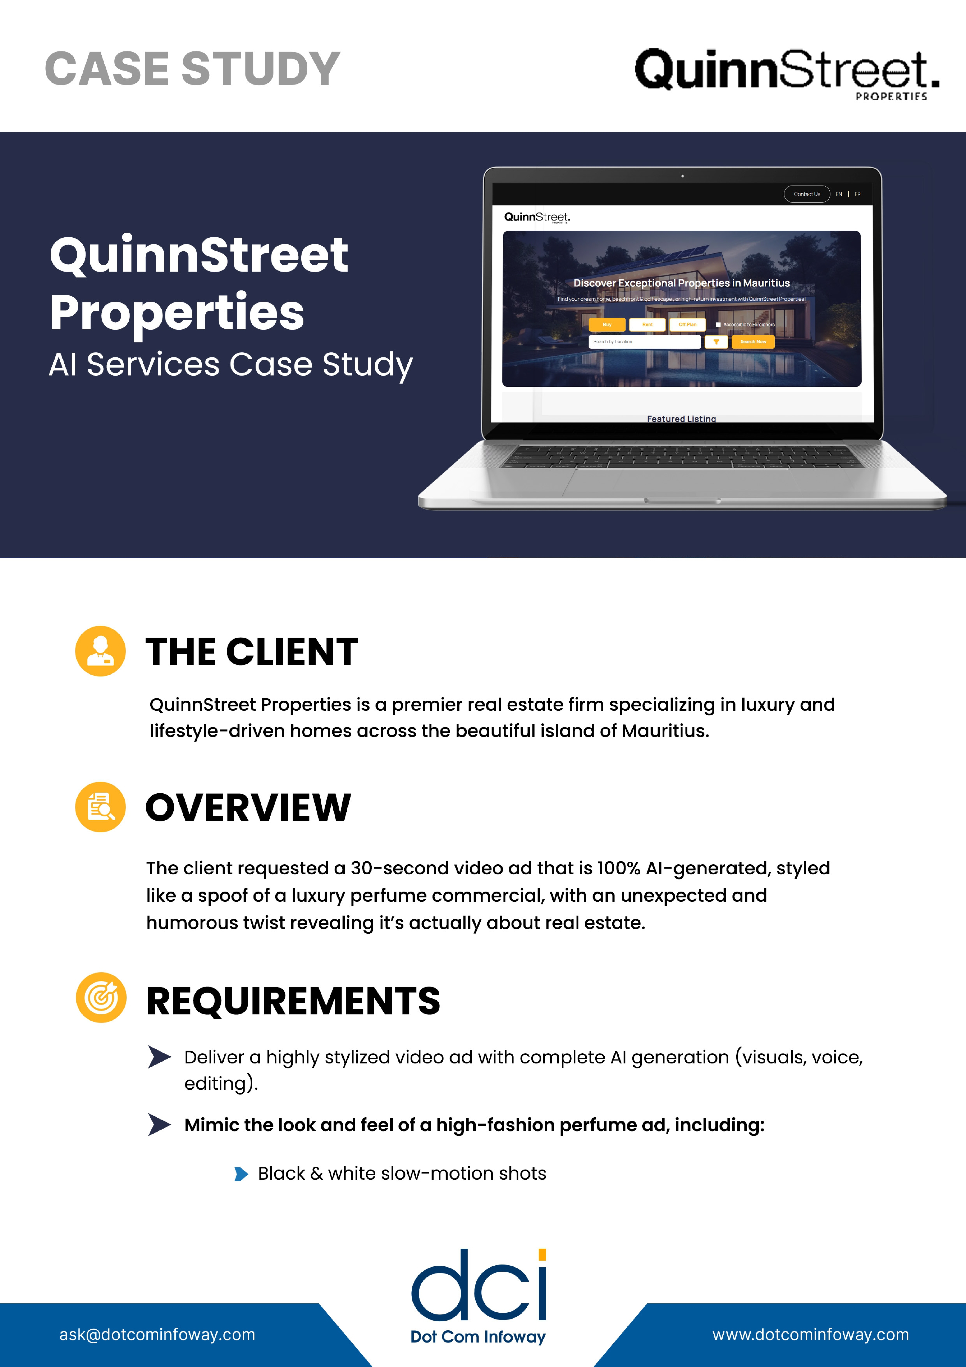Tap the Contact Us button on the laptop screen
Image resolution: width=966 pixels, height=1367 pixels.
click(x=807, y=194)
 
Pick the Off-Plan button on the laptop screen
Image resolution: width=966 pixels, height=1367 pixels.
click(x=687, y=324)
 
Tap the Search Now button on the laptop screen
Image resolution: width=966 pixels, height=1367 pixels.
click(x=753, y=342)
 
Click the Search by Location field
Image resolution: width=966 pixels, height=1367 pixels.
click(x=644, y=342)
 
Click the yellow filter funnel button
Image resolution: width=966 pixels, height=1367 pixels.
click(x=716, y=342)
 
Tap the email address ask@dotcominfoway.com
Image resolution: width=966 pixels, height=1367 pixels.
click(x=157, y=1335)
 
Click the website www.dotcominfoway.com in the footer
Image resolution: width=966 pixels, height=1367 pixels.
click(x=810, y=1335)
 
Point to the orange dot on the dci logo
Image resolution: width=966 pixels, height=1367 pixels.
click(x=542, y=1255)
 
